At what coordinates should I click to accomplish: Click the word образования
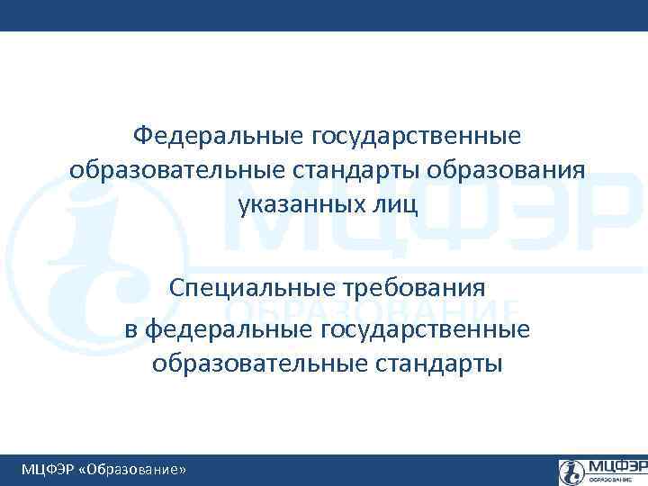pos(508,169)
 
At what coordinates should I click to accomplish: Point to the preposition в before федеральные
pos(131,329)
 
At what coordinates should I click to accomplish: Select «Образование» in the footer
pos(133,469)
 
